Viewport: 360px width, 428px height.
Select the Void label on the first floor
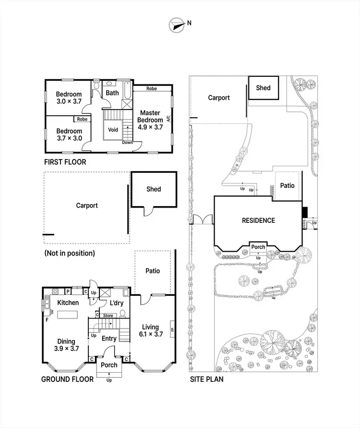[x=113, y=130]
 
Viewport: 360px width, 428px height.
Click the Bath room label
[x=112, y=93]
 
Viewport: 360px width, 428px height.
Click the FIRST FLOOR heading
[x=65, y=162]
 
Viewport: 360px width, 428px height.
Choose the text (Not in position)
[x=69, y=253]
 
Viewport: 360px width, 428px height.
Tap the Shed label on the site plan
[x=263, y=87]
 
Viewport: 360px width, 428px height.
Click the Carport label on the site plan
[x=219, y=98]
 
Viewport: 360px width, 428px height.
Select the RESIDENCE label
[x=258, y=220]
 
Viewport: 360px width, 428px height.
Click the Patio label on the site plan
[x=287, y=185]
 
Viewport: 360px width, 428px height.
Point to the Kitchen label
[x=68, y=303]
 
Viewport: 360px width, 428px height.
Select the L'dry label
[x=117, y=304]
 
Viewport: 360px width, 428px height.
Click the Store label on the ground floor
[x=108, y=316]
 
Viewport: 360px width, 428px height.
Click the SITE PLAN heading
[x=206, y=379]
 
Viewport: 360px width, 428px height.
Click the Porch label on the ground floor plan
[x=109, y=365]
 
